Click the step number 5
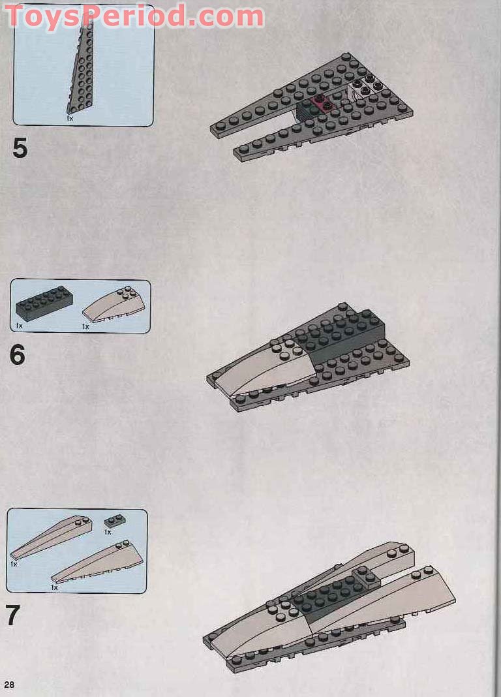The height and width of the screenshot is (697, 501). (x=20, y=149)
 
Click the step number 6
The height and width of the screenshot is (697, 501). (x=18, y=355)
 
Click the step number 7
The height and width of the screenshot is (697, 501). (x=13, y=615)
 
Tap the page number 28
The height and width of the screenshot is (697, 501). (x=9, y=684)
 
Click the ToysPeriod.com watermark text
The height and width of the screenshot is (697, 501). (x=134, y=16)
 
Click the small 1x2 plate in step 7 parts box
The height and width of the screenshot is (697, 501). (x=115, y=521)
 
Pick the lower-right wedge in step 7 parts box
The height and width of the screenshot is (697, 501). (x=98, y=563)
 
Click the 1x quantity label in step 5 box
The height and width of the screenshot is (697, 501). (x=69, y=119)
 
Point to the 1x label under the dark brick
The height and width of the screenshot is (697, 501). (x=19, y=325)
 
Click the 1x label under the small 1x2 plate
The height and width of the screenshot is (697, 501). (x=108, y=532)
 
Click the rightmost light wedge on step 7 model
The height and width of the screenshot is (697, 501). (x=398, y=594)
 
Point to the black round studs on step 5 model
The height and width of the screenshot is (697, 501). (x=367, y=86)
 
